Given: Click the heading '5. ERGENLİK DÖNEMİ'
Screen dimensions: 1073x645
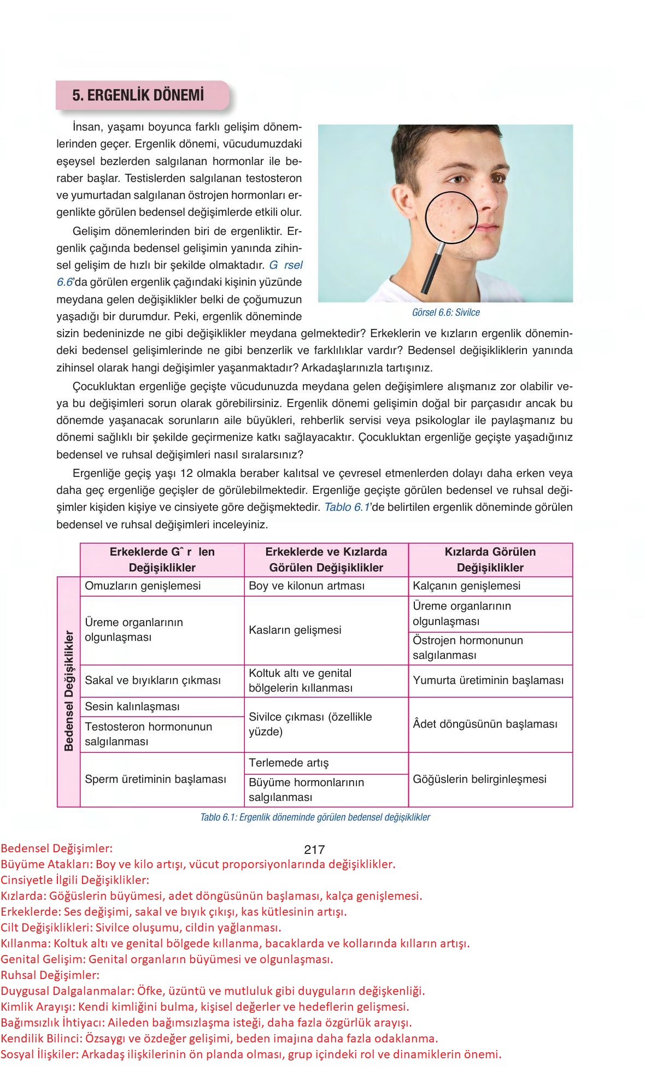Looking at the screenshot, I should coord(138,95).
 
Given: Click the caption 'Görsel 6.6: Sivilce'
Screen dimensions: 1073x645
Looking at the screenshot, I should coord(446,313).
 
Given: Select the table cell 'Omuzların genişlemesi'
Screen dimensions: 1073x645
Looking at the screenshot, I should coord(143,586).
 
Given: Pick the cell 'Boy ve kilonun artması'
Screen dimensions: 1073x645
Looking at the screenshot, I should coord(306,586).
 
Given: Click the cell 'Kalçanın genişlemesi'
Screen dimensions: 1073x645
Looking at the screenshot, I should coord(466,586).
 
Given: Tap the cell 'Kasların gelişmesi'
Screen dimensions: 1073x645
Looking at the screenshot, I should coord(295,630).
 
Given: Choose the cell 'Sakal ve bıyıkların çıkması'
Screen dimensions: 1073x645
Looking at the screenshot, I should coord(153,681).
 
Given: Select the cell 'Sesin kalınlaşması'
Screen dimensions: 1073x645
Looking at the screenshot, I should coord(132,707).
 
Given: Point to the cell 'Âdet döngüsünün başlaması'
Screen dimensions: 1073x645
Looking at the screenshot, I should coord(485,724).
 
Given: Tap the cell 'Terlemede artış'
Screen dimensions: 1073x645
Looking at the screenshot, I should coord(289,763).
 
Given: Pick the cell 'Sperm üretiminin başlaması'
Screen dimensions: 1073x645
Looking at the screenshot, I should coord(155,780).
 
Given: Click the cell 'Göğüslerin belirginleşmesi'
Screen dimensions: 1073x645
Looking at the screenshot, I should coord(479,780).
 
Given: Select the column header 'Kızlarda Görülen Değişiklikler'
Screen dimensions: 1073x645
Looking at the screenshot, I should coord(490,560).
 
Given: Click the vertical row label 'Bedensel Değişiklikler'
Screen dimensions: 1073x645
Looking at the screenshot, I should coord(69,691).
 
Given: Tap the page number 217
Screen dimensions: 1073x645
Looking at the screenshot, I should coord(314,850).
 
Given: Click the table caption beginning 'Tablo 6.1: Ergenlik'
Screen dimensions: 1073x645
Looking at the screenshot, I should coord(315,818).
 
